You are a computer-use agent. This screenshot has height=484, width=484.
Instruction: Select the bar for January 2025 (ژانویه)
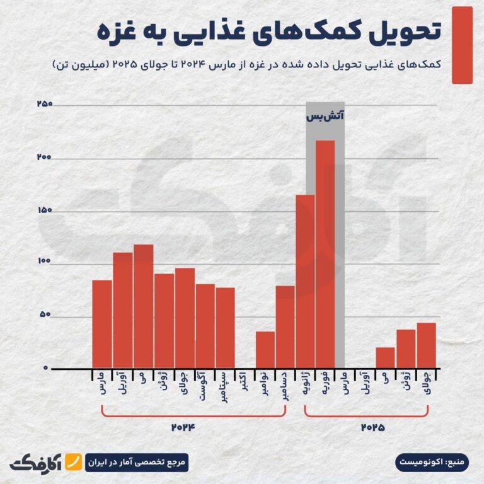pos(305,281)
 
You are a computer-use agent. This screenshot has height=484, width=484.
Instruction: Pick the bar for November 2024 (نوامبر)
pos(265,349)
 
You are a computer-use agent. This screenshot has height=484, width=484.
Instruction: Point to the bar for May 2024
pos(143,306)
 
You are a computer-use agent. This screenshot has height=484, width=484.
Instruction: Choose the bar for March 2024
pos(102,323)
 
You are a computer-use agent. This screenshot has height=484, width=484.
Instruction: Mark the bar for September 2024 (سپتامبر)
pos(225,327)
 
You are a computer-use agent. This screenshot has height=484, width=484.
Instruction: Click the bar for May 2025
pos(385,357)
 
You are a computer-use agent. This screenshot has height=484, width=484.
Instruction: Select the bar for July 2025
pos(426,345)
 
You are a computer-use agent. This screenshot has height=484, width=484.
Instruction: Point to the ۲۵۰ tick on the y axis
pos(43,104)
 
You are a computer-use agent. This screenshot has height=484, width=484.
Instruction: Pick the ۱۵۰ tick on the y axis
pos(44,210)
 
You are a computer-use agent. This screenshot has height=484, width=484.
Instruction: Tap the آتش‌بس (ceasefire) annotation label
pos(325,117)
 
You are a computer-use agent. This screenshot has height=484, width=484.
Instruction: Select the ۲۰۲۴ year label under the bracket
pos(184,427)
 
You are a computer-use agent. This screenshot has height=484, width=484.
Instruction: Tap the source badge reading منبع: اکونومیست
pos(433,462)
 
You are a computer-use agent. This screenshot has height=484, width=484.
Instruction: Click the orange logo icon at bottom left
pos(76,462)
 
